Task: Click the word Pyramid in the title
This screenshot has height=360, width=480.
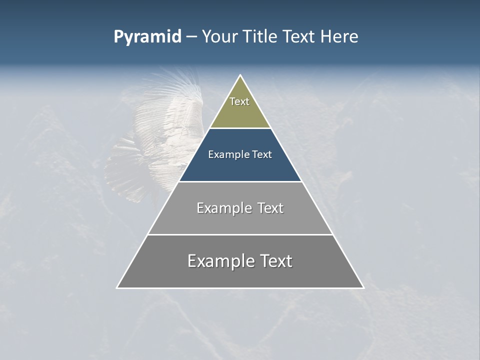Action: (x=147, y=37)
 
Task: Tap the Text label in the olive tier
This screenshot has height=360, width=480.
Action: (x=239, y=101)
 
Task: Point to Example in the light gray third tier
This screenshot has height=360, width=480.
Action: (x=223, y=208)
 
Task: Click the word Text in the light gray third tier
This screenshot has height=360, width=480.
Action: (x=271, y=208)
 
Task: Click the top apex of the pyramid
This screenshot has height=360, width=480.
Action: (x=240, y=76)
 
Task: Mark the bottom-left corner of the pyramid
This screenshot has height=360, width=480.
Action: (x=117, y=287)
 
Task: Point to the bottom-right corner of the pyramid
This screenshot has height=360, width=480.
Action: (x=363, y=287)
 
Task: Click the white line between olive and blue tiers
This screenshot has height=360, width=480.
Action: (x=240, y=128)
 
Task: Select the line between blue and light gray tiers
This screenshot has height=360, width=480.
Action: (x=240, y=181)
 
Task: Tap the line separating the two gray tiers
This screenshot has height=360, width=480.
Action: (x=240, y=234)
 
